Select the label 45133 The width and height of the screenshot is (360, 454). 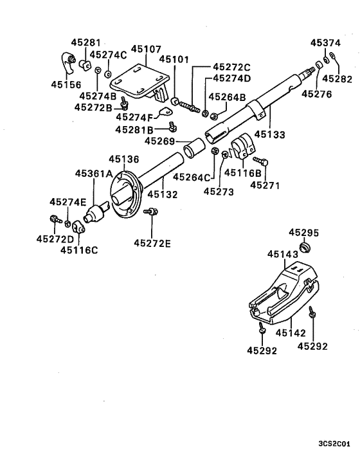click(x=269, y=135)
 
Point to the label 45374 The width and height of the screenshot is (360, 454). click(x=325, y=43)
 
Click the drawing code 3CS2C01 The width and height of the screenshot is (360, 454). click(x=334, y=443)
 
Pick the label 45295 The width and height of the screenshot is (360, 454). click(x=303, y=232)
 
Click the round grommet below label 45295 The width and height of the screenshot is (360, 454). click(x=307, y=248)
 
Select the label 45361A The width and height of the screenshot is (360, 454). click(x=94, y=174)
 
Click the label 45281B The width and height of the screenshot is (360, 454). click(x=134, y=129)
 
